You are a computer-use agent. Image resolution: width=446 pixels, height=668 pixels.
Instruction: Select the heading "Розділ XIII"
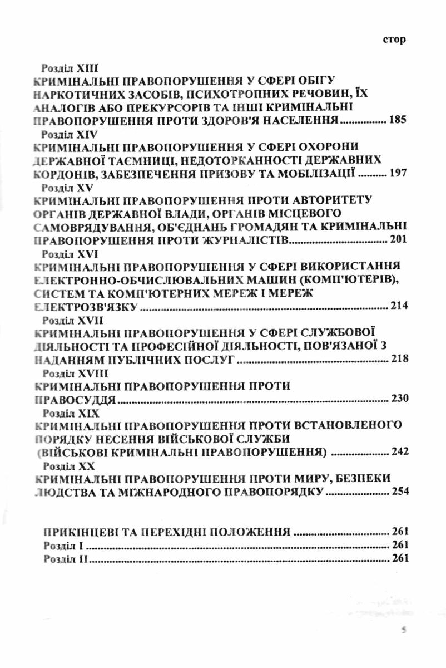[70, 68]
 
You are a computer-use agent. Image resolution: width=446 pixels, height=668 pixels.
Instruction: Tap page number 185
[398, 120]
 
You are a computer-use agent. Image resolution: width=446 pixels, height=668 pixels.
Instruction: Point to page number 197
[398, 174]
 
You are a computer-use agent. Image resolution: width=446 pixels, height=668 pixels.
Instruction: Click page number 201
[398, 240]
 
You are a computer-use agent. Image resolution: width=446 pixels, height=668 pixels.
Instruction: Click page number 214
[398, 307]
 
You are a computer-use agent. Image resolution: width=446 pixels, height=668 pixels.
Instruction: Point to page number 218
[398, 360]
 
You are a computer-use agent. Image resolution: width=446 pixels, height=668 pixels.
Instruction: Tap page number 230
[398, 399]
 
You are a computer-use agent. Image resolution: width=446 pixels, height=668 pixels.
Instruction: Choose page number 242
[398, 452]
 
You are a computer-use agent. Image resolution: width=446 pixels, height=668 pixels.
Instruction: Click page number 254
[398, 492]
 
